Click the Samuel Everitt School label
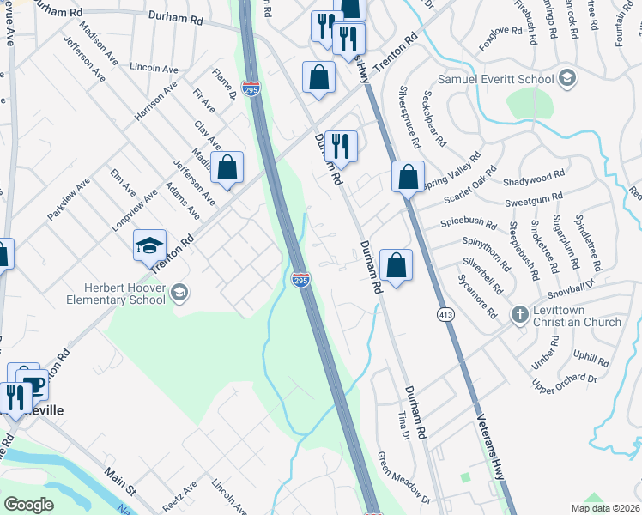(x=495, y=80)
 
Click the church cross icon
(x=518, y=314)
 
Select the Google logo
(x=28, y=504)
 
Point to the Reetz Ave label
(x=179, y=496)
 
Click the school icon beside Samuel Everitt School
(x=566, y=79)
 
